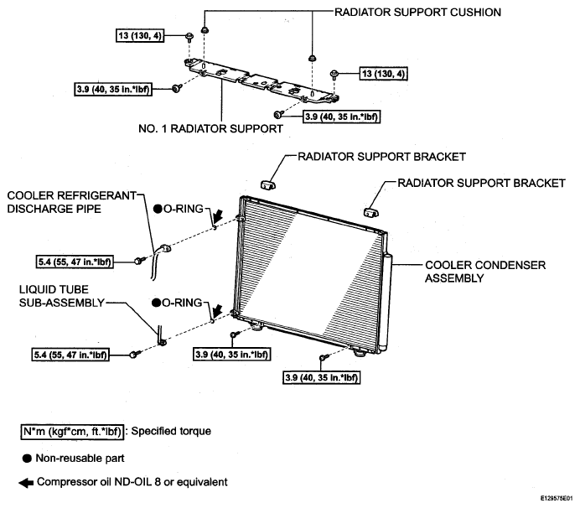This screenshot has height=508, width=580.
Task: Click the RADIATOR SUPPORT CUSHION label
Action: (417, 13)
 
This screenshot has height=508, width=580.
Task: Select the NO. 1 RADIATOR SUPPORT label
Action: (210, 129)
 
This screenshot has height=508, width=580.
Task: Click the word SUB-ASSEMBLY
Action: (62, 303)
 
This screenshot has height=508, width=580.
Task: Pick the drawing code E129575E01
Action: (557, 499)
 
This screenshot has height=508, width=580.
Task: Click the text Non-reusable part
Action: (80, 459)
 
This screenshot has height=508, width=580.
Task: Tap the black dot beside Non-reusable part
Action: (27, 459)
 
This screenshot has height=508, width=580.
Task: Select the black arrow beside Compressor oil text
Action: (26, 483)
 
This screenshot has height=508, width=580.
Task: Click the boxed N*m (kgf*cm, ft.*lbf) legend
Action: (72, 432)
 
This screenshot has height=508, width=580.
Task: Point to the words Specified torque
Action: (171, 432)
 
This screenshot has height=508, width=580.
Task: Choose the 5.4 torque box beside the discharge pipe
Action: (75, 262)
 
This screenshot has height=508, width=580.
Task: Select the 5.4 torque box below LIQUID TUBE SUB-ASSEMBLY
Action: (70, 355)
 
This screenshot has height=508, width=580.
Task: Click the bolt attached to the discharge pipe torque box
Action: (138, 262)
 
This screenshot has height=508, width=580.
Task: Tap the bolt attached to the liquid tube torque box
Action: (134, 355)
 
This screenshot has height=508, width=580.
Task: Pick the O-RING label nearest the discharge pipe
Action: (179, 209)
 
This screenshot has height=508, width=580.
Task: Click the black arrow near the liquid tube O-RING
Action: (217, 311)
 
